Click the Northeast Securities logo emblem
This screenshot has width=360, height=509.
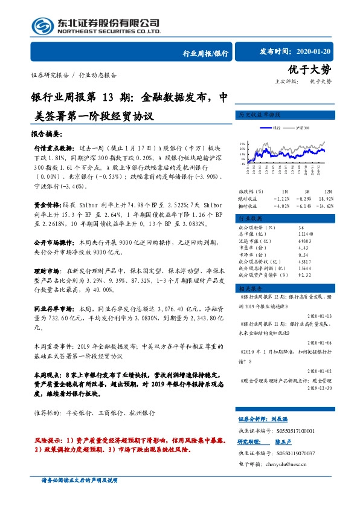point(42,25)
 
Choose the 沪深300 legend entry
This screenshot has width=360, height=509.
point(304,128)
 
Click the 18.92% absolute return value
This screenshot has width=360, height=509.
point(326,198)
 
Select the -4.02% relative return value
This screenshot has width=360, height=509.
point(281,206)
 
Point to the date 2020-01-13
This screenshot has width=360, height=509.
point(318,315)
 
